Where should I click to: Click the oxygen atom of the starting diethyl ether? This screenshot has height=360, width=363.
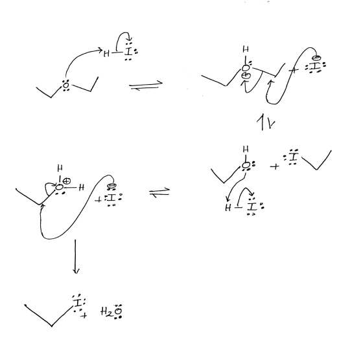click(x=66, y=85)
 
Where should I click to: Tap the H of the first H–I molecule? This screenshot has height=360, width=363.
click(x=106, y=54)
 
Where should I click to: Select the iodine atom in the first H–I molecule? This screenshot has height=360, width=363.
click(x=128, y=52)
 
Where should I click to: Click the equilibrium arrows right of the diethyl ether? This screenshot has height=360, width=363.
click(x=146, y=85)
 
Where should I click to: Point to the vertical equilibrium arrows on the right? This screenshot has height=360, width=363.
click(x=266, y=122)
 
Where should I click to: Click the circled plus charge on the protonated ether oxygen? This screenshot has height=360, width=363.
click(x=246, y=76)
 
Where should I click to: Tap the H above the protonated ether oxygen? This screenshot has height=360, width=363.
click(x=246, y=49)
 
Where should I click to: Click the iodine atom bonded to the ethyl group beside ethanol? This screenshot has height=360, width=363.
click(x=294, y=157)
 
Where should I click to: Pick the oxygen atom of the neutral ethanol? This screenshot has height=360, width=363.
click(x=246, y=165)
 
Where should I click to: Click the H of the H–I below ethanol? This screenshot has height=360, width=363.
click(x=228, y=208)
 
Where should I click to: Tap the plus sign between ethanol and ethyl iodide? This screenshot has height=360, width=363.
click(x=275, y=166)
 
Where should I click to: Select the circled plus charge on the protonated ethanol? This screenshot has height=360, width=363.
click(x=67, y=181)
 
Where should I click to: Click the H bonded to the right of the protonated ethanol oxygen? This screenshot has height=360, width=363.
click(x=81, y=188)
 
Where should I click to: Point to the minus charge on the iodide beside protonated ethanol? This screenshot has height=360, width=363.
click(x=111, y=186)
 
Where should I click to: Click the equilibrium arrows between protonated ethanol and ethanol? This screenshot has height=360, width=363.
click(x=159, y=192)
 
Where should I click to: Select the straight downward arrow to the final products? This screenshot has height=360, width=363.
click(x=75, y=256)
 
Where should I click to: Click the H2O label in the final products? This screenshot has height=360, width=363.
click(x=111, y=311)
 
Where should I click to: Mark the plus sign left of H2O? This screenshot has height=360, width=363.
click(x=84, y=315)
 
